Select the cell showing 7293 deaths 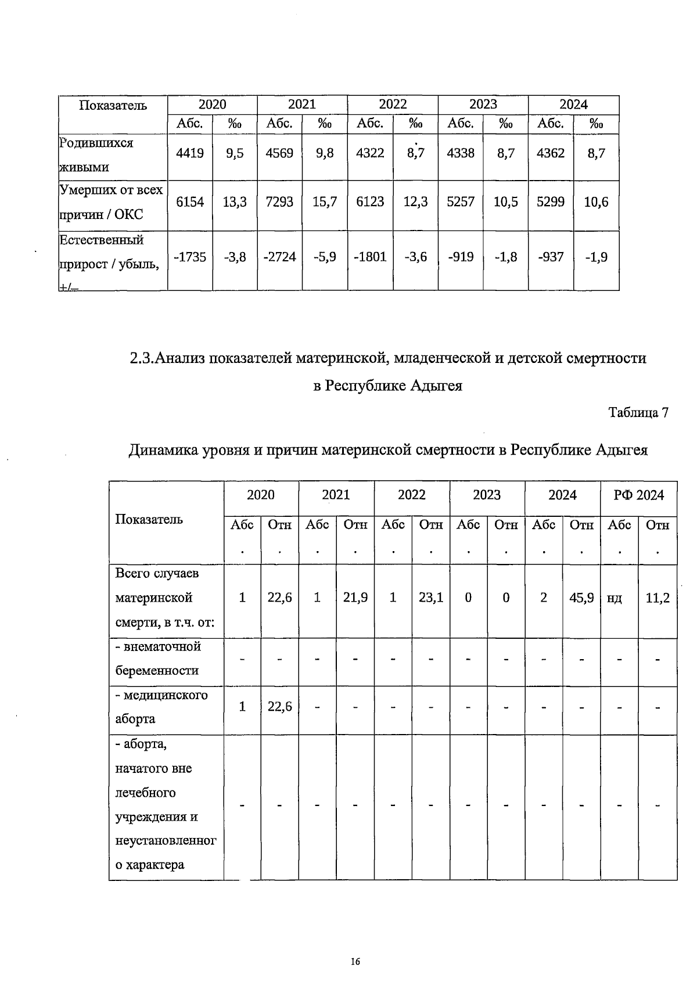coord(279,202)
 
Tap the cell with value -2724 coord(279,257)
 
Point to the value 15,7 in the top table coord(325,202)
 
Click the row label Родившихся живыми coord(97,154)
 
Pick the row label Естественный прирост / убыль coord(109,252)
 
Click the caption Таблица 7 coord(638,412)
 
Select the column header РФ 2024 coord(638,495)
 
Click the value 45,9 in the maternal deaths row coord(581,598)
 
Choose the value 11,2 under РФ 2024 coord(658,598)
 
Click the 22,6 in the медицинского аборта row coord(279,706)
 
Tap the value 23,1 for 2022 coord(430,598)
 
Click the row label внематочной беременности coord(157,658)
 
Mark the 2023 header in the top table coord(483,105)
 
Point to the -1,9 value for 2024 coord(596,257)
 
